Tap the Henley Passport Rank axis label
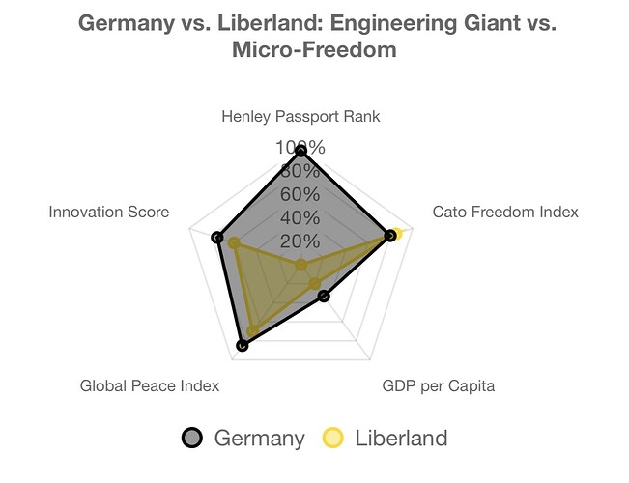(300, 117)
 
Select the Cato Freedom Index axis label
(504, 212)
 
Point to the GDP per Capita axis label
(439, 386)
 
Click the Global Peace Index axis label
(150, 386)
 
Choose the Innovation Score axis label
(109, 212)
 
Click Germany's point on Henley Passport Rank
(300, 151)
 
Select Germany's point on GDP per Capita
(324, 296)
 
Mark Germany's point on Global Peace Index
(242, 345)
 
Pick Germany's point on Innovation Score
(218, 237)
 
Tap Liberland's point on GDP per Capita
(314, 283)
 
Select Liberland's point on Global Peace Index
(252, 331)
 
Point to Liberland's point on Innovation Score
(233, 242)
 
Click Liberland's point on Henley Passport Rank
(300, 265)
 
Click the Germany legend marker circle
(192, 439)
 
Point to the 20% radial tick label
(300, 241)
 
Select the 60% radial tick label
(300, 194)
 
